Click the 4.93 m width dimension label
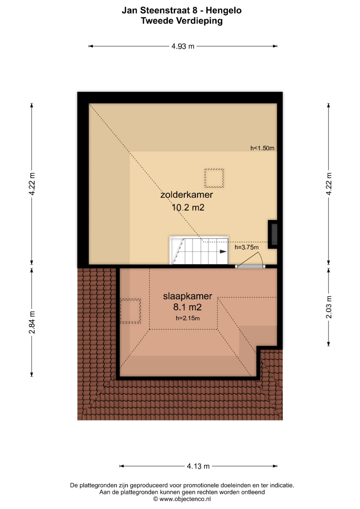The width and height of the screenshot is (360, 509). (183, 46)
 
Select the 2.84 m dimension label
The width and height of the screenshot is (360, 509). (32, 322)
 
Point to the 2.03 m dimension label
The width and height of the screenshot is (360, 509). (329, 307)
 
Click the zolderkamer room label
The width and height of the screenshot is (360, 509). (187, 195)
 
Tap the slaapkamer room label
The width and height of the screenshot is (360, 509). (187, 296)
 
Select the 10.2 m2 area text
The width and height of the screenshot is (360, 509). (188, 207)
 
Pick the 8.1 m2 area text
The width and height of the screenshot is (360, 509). (187, 307)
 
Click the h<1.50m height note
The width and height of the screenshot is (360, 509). (262, 148)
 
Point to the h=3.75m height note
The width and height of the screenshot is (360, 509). (247, 247)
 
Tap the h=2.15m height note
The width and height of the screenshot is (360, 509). (188, 318)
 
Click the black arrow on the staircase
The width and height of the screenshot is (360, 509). (223, 252)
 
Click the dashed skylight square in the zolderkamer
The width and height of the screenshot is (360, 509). (214, 178)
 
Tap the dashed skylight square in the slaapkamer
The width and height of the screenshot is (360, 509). (130, 311)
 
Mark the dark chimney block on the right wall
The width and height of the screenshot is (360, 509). (273, 234)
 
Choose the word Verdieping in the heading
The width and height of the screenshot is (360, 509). (199, 21)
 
